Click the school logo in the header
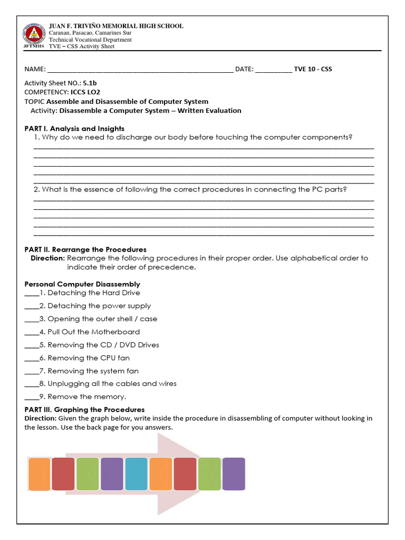[x=33, y=34]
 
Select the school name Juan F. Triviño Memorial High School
[x=116, y=26]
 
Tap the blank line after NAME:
[x=140, y=70]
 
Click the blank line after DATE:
[x=273, y=70]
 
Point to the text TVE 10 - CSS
[x=313, y=69]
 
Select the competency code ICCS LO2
[x=85, y=92]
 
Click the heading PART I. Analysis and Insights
[x=74, y=128]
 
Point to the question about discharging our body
[x=193, y=137]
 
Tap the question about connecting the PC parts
[x=190, y=189]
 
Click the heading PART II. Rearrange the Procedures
[x=85, y=249]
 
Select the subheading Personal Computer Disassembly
[x=82, y=284]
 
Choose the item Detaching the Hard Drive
[x=93, y=293]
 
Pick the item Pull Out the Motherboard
[x=93, y=332]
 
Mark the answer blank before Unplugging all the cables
[x=31, y=384]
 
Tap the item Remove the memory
[x=86, y=397]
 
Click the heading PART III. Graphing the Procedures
[x=84, y=410]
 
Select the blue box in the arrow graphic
[x=136, y=474]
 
